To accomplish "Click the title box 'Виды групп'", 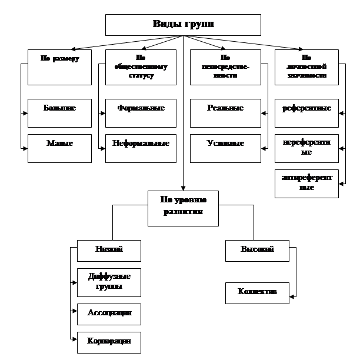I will (183, 25).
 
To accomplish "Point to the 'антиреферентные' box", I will (306, 184).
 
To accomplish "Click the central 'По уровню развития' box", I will (183, 208).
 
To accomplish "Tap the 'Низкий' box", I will (109, 251).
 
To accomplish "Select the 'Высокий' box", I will (257, 251).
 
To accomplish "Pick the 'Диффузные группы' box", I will (109, 282).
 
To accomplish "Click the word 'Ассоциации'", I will (109, 312).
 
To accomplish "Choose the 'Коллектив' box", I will (257, 293).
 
